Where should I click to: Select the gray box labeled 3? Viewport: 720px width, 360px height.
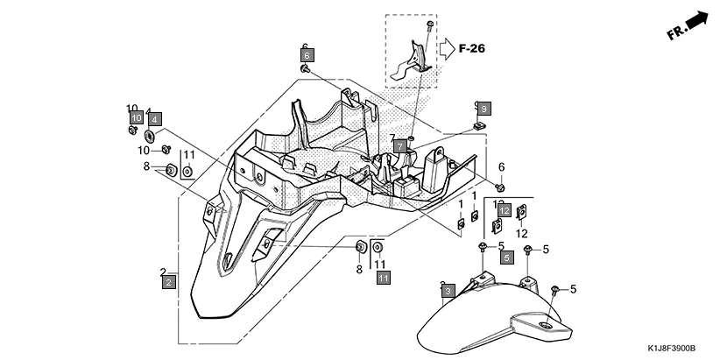point(447,290)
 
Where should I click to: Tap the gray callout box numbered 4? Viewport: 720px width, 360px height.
point(154,118)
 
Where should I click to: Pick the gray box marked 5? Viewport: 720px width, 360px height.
point(507,258)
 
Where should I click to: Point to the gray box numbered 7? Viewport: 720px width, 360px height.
point(399,146)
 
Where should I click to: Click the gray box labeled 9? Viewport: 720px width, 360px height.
point(484,109)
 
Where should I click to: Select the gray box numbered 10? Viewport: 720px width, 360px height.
point(136,117)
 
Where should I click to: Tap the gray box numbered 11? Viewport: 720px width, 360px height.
point(383,278)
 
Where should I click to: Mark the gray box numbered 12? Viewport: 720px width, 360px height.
point(505,211)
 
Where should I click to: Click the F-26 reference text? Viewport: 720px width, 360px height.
point(472,49)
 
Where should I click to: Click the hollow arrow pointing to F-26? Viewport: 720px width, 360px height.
point(446,47)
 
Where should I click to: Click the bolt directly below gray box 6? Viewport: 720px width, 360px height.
point(305,68)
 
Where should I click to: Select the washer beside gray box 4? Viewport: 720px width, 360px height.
point(150,136)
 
